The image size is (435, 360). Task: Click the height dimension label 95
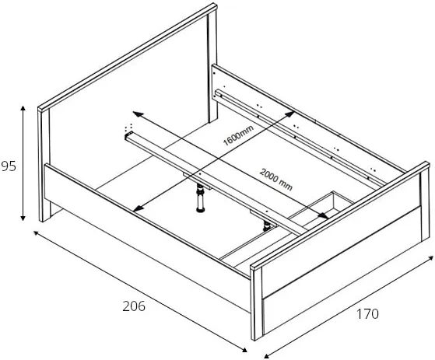(x=9, y=166)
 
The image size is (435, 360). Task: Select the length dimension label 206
(x=134, y=306)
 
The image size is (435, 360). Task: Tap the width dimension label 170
(x=367, y=313)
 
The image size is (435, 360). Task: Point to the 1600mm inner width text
(x=239, y=135)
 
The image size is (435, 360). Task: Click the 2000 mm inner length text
(x=276, y=180)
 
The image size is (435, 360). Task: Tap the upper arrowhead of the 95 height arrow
(x=23, y=108)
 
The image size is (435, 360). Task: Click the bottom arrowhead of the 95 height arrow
(x=23, y=218)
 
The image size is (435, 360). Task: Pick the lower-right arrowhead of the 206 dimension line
(x=244, y=350)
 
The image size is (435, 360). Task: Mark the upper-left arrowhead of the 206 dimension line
(x=36, y=232)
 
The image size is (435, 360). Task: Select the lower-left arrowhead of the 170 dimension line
(x=267, y=356)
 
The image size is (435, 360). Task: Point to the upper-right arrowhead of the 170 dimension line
(x=430, y=258)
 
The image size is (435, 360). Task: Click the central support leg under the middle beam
(x=200, y=197)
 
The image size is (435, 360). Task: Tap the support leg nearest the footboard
(x=267, y=226)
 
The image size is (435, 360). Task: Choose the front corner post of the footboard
(x=257, y=304)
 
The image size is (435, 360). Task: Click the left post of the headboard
(x=44, y=166)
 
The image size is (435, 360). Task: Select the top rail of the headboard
(x=128, y=58)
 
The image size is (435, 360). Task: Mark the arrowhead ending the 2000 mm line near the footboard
(x=323, y=215)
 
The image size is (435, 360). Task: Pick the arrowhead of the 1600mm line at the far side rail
(x=290, y=114)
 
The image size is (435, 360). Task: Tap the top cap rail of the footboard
(x=340, y=215)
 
